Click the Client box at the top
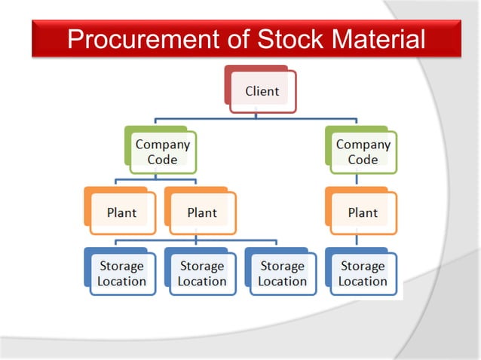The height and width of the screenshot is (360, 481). pos(262,92)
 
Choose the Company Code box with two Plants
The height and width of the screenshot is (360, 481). pos(161,151)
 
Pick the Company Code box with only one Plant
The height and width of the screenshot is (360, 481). pos(362,151)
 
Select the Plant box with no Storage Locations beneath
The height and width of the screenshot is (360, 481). pos(121,212)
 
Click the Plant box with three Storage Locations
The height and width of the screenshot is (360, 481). pos(201,212)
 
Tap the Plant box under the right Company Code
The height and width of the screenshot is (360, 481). pos(362,212)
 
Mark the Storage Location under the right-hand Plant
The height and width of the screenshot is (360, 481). pos(362,273)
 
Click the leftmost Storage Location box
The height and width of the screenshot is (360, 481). pos(121,273)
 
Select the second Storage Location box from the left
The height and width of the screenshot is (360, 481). pos(201,273)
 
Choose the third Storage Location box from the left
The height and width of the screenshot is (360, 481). pos(282,273)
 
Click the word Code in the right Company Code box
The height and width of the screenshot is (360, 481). pos(363,159)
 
